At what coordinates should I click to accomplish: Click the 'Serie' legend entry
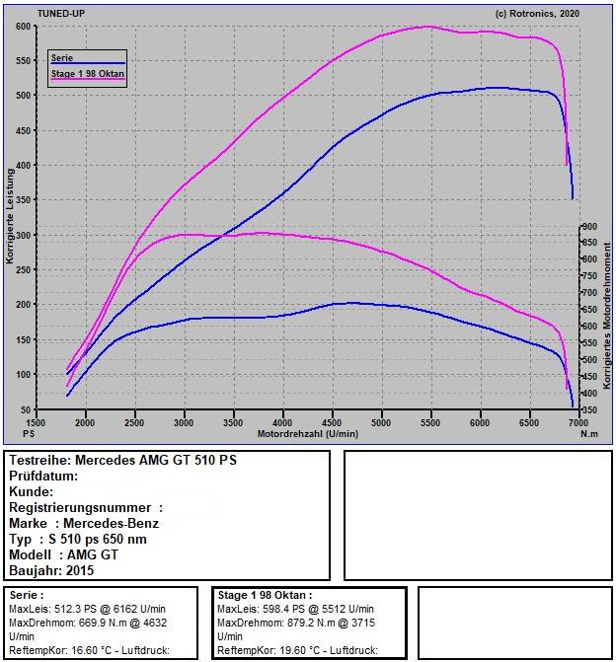(x=62, y=58)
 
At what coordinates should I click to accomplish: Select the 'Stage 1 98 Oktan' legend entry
(x=87, y=74)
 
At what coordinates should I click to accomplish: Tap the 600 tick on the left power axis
(x=22, y=27)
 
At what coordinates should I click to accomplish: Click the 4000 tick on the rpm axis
(x=283, y=422)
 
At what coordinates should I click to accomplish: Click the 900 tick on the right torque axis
(x=588, y=226)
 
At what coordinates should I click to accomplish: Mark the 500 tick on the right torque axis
(x=588, y=359)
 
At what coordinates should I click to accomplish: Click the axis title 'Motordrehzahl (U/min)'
(x=307, y=433)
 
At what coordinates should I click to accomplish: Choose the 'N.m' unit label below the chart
(x=588, y=433)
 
